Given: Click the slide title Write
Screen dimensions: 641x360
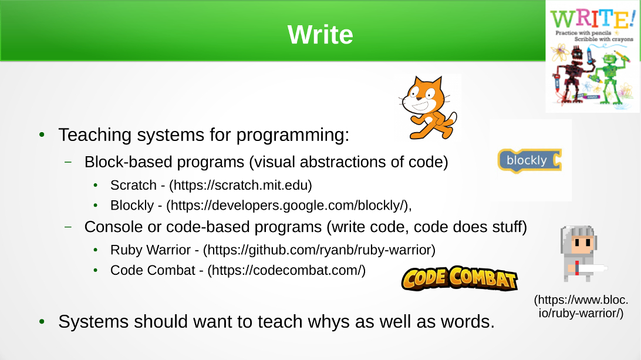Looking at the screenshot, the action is click(320, 35).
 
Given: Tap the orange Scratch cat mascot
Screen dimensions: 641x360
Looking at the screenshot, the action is click(427, 107).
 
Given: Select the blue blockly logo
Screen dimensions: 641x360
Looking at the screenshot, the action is click(529, 160).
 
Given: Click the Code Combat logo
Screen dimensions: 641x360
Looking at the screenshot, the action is click(460, 278).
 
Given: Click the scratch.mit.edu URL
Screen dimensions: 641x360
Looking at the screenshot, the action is click(241, 186).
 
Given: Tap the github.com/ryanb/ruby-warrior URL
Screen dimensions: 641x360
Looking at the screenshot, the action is click(319, 250).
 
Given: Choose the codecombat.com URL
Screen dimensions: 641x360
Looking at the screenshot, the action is click(286, 270).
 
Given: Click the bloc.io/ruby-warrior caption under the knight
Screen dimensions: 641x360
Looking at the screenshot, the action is click(581, 307).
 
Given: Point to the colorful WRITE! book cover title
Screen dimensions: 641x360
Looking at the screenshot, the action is click(592, 19).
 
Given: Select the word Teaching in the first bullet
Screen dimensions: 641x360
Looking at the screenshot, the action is click(96, 135).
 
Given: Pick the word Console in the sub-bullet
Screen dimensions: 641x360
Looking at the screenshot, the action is click(114, 227).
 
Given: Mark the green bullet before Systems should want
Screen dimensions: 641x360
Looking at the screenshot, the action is click(42, 322).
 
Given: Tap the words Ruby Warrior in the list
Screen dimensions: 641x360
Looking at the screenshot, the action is click(150, 250).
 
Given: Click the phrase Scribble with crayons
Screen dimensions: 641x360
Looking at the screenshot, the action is click(604, 39).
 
